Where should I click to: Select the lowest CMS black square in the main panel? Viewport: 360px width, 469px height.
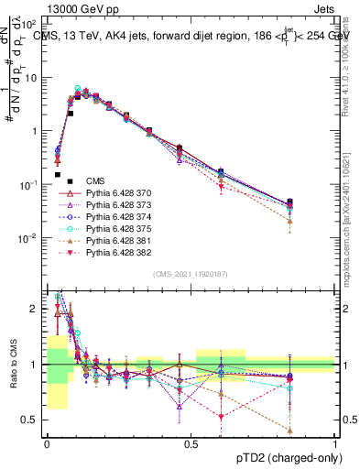click(58, 174)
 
